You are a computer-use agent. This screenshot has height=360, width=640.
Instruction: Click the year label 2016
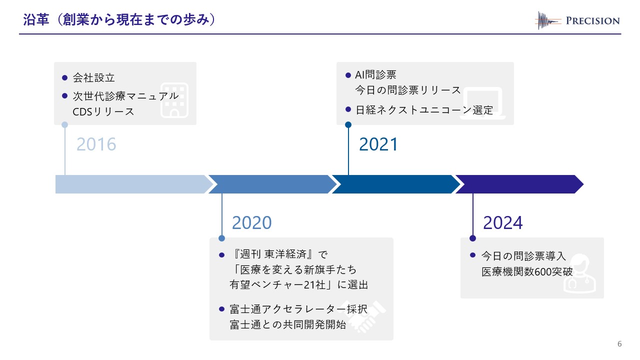click(x=96, y=144)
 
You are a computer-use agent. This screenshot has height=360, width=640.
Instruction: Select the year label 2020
click(x=252, y=222)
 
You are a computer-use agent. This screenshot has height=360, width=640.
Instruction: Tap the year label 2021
click(x=378, y=144)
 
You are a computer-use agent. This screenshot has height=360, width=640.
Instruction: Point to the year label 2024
click(x=503, y=222)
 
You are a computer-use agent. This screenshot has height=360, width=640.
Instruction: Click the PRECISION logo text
click(x=592, y=20)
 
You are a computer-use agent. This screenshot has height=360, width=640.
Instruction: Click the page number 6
click(x=620, y=344)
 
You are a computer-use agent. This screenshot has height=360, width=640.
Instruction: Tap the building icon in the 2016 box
click(x=174, y=99)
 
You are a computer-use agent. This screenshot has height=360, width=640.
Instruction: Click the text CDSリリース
click(x=103, y=111)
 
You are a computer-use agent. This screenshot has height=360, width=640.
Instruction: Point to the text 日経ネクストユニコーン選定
click(x=424, y=110)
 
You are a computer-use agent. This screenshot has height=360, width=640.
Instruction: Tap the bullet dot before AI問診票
click(x=348, y=75)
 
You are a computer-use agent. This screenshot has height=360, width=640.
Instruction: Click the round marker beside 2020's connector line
click(x=222, y=238)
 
